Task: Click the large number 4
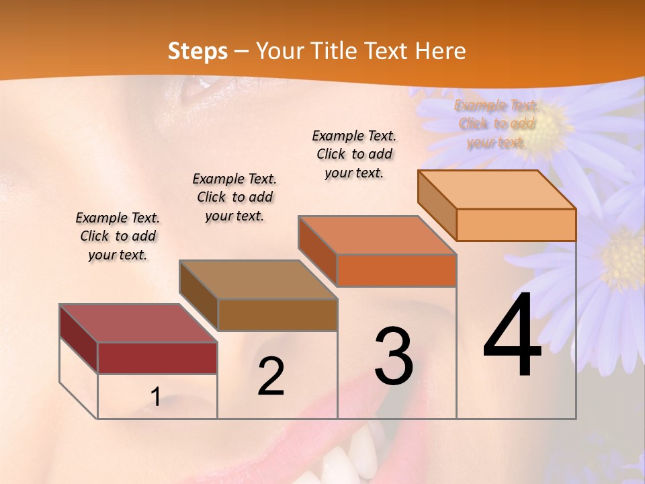pyautogui.click(x=512, y=335)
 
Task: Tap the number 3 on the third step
pyautogui.click(x=394, y=356)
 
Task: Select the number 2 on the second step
pyautogui.click(x=271, y=376)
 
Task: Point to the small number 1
pyautogui.click(x=155, y=397)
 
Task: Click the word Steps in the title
pyautogui.click(x=198, y=51)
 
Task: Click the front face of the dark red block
pyautogui.click(x=157, y=358)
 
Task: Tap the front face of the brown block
pyautogui.click(x=277, y=315)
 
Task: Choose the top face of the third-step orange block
pyautogui.click(x=377, y=235)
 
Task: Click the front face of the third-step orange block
pyautogui.click(x=396, y=270)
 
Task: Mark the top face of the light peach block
pyautogui.click(x=497, y=190)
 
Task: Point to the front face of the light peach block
pyautogui.click(x=516, y=225)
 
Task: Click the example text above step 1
pyautogui.click(x=118, y=236)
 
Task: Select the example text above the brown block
pyautogui.click(x=234, y=197)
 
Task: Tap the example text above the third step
pyautogui.click(x=354, y=154)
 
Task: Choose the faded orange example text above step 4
pyautogui.click(x=496, y=124)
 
